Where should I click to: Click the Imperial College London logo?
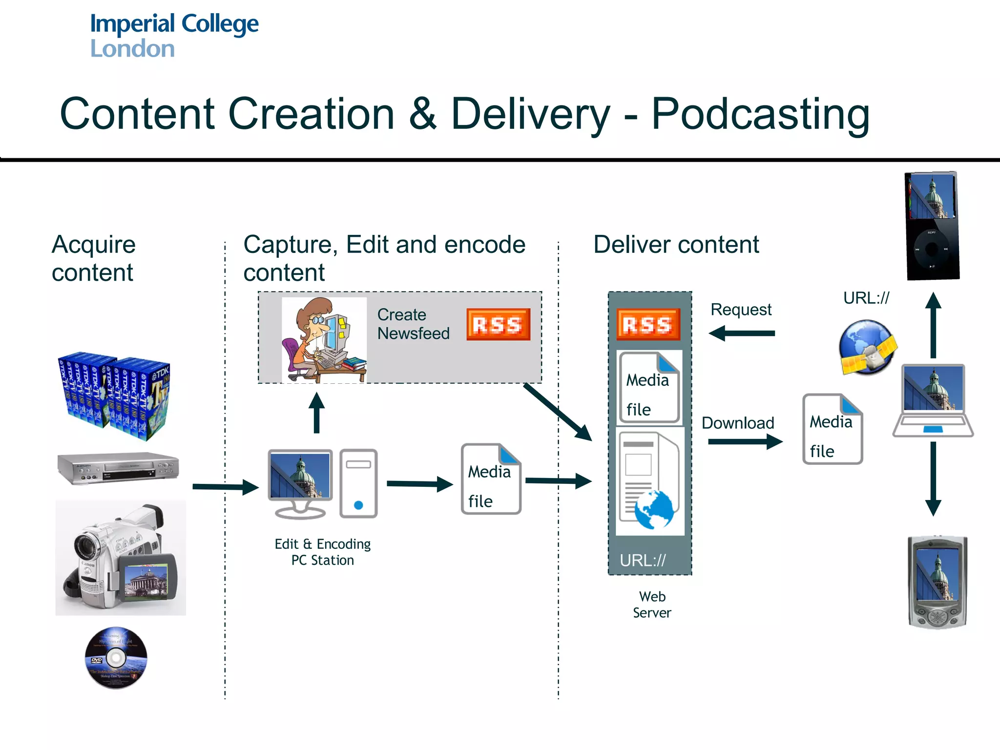[x=174, y=36]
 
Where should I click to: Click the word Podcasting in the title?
[x=760, y=114]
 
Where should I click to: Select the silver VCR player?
[x=118, y=468]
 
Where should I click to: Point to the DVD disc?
[x=116, y=658]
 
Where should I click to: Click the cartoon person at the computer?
[x=324, y=340]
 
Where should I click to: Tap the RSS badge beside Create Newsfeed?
[x=498, y=324]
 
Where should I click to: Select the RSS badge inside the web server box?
[x=648, y=324]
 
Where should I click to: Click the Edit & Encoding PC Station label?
[x=323, y=552]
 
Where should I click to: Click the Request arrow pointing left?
[x=742, y=333]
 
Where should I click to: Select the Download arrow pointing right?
[x=745, y=442]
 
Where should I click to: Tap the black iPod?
[x=932, y=226]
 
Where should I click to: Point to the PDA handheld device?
[x=937, y=582]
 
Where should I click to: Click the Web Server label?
[x=652, y=604]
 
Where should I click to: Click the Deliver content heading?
[x=676, y=245]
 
